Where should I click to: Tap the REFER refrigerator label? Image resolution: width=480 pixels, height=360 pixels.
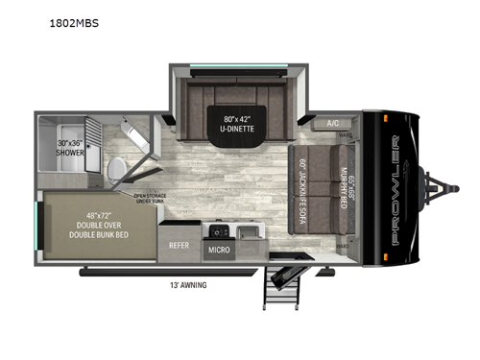pos(180,245)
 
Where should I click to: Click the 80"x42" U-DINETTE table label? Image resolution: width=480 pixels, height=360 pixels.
pos(242,124)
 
